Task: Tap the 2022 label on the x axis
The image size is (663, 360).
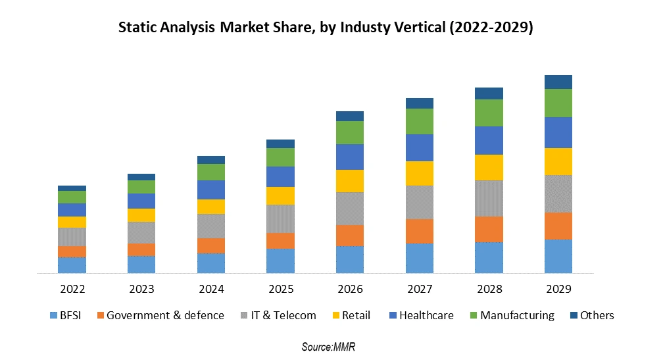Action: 72,289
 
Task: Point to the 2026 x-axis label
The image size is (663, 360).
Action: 350,289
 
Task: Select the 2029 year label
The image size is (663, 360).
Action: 558,289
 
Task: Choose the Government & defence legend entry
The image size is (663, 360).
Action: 160,315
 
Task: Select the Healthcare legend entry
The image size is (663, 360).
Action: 420,315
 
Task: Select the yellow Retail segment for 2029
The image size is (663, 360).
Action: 558,161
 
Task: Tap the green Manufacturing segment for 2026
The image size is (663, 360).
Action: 350,132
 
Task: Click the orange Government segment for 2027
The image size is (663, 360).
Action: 420,231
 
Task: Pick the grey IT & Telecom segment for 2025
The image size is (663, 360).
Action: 280,219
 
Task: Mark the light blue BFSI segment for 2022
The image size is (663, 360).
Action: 72,265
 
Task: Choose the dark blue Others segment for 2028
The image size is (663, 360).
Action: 489,93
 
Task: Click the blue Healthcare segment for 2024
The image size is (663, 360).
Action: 211,190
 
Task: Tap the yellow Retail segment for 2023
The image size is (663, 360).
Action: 141,215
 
